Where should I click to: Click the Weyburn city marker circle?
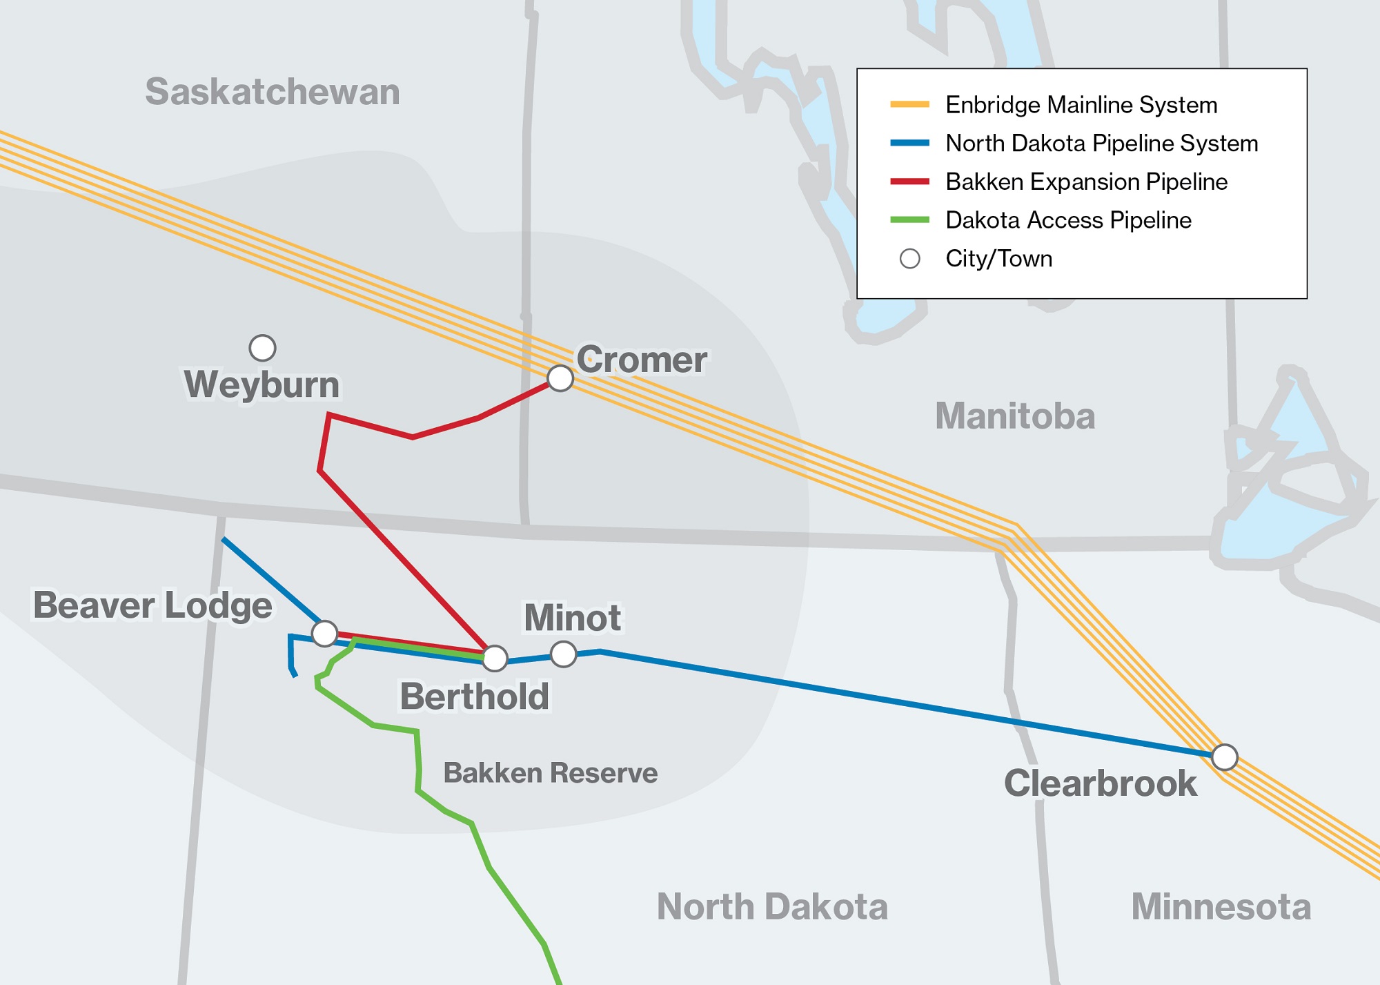(262, 348)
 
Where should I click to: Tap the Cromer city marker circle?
(560, 378)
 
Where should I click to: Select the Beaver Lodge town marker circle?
(324, 633)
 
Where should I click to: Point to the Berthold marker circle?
(495, 659)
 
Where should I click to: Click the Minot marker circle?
(563, 654)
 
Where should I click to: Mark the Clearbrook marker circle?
(1224, 757)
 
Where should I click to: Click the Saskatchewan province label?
(272, 92)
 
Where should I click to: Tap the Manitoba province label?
(1014, 416)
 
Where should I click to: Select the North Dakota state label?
(771, 906)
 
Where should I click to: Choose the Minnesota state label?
(1221, 906)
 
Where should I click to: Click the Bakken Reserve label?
(550, 773)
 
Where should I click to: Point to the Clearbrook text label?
(1100, 783)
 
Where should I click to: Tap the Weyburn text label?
(262, 384)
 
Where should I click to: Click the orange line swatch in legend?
(909, 105)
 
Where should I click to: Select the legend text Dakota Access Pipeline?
(1068, 220)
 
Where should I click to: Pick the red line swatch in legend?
(909, 182)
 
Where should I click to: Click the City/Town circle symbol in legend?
(909, 259)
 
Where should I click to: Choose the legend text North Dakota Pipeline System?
(1101, 144)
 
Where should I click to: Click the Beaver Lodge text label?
(152, 605)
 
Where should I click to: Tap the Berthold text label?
(475, 696)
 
